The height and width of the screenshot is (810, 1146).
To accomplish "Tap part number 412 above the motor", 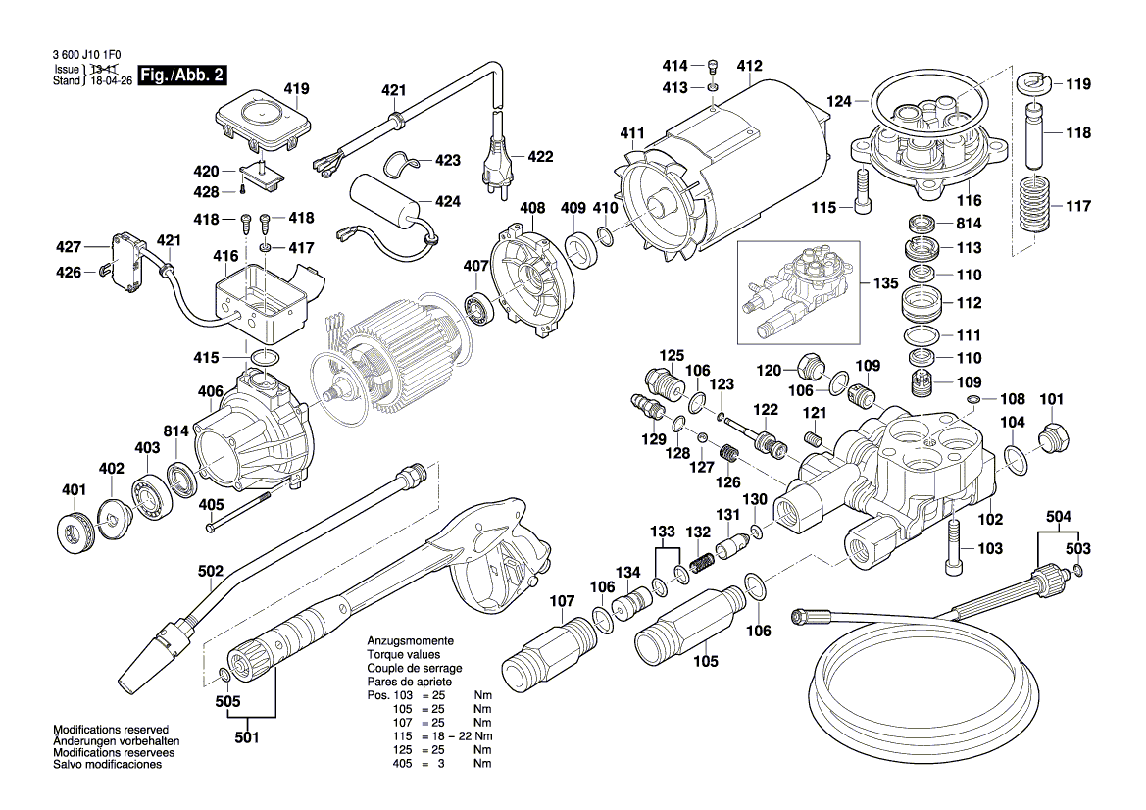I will click(x=749, y=67).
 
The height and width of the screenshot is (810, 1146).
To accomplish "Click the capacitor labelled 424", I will click(x=389, y=207).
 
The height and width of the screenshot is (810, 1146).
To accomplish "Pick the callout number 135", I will click(x=885, y=283).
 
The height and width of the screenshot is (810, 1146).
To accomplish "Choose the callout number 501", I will click(x=247, y=736).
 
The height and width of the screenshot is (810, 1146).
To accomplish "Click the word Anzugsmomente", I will click(x=404, y=639).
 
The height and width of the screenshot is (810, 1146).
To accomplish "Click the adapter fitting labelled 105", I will click(x=682, y=624).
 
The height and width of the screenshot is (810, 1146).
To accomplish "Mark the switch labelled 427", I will click(x=125, y=254).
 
